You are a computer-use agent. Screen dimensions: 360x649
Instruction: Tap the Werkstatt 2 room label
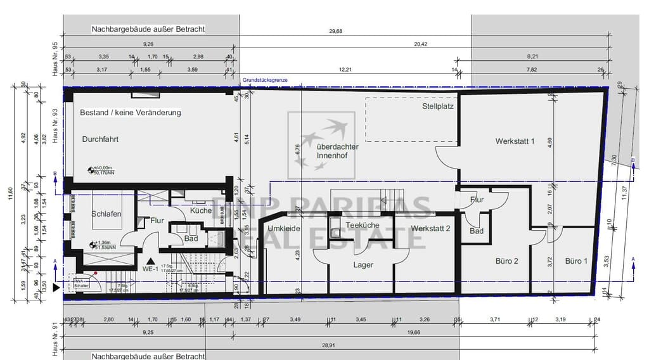(430, 228)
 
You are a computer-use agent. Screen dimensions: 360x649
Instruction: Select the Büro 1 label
(576, 260)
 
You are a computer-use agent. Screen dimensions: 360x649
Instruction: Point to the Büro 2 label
(507, 260)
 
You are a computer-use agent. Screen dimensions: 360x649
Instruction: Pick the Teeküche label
(362, 225)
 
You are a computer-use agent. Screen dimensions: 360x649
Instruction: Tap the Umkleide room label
(283, 228)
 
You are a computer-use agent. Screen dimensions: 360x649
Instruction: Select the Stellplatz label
(438, 106)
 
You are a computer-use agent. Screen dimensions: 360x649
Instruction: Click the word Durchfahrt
(100, 139)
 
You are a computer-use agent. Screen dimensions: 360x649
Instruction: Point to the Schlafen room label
(106, 214)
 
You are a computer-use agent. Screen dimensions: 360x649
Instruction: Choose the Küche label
(201, 210)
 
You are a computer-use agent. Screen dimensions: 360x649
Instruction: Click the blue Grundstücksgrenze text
(265, 81)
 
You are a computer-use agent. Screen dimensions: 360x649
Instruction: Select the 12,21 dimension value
(345, 69)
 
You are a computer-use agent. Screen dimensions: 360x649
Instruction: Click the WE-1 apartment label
(150, 269)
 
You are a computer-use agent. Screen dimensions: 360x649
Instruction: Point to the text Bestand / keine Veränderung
(130, 113)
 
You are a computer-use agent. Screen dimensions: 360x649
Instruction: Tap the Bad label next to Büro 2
(477, 231)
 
